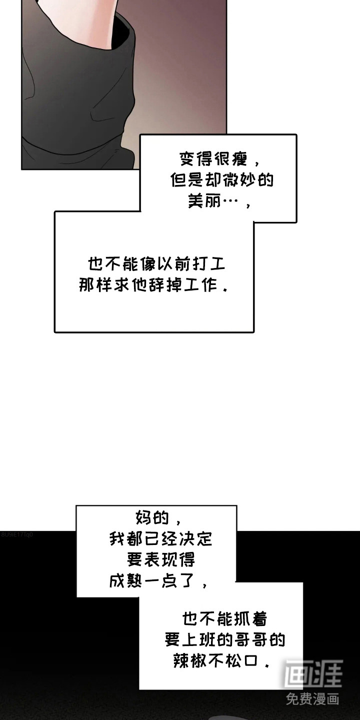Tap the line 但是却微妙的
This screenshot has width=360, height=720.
(x=222, y=180)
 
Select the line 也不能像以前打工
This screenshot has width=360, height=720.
(x=156, y=264)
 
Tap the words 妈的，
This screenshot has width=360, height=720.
(x=155, y=517)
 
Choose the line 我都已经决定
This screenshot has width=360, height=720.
(x=160, y=539)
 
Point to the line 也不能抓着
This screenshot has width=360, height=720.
(x=224, y=619)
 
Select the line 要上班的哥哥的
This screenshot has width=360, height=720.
(x=225, y=640)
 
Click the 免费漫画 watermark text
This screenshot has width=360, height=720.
(x=313, y=698)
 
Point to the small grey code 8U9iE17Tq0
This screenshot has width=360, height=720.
(x=17, y=534)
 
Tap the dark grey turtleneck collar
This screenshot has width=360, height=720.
(x=75, y=100)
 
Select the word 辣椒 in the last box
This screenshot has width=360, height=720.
(x=187, y=661)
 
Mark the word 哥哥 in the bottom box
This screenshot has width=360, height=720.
(x=252, y=640)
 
